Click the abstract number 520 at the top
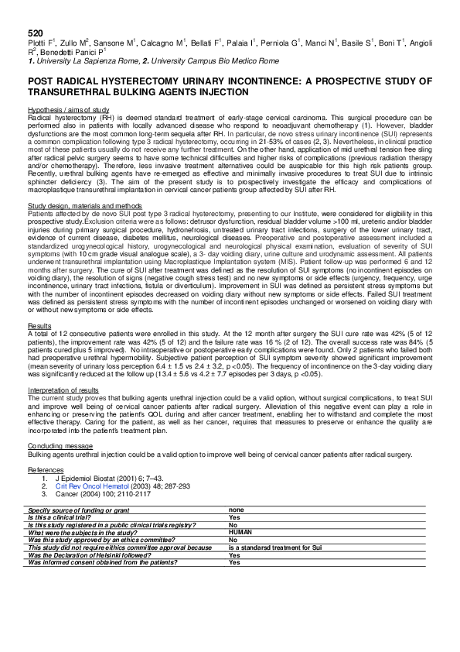[x=35, y=33]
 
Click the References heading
[x=46, y=469]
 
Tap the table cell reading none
[x=237, y=510]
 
